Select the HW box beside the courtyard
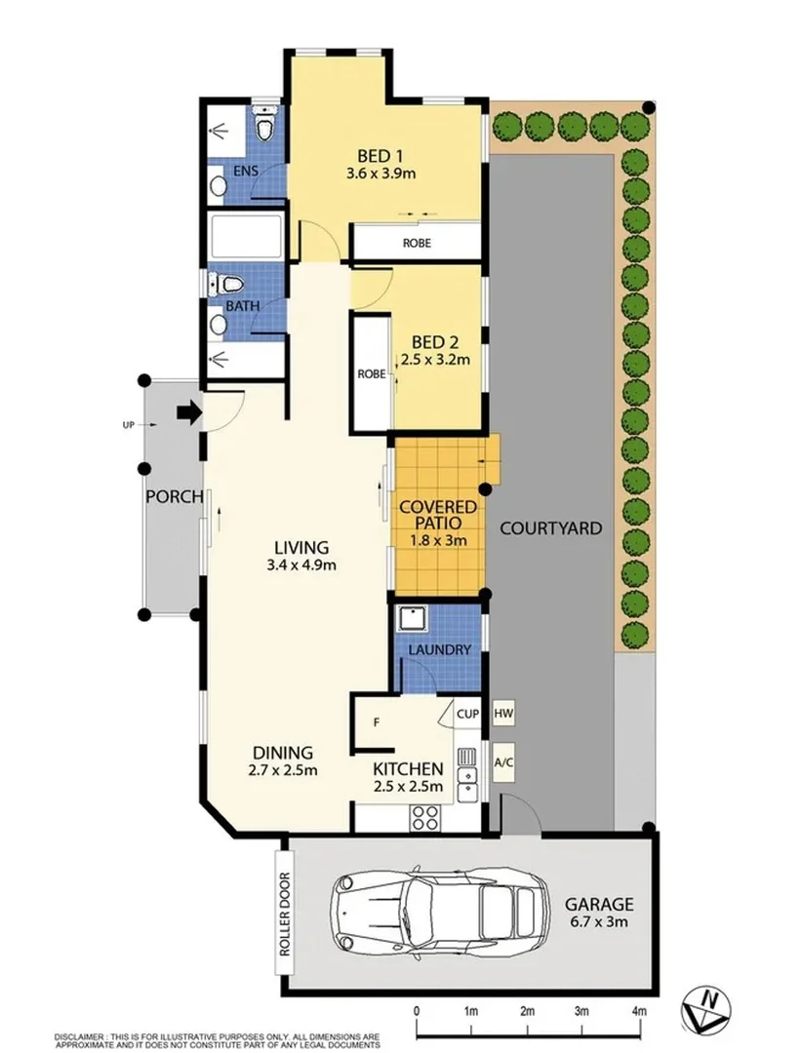click(x=503, y=715)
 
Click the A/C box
click(x=503, y=762)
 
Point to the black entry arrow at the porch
click(x=187, y=413)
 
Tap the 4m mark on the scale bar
click(x=639, y=1010)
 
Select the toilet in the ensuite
click(x=261, y=128)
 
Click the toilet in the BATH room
click(x=227, y=285)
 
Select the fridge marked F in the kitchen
click(x=376, y=722)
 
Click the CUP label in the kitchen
click(x=467, y=715)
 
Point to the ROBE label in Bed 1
click(x=417, y=243)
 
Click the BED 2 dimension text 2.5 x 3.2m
click(x=435, y=359)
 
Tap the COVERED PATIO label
click(x=436, y=515)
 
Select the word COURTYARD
click(x=550, y=528)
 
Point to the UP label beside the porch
click(x=128, y=425)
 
